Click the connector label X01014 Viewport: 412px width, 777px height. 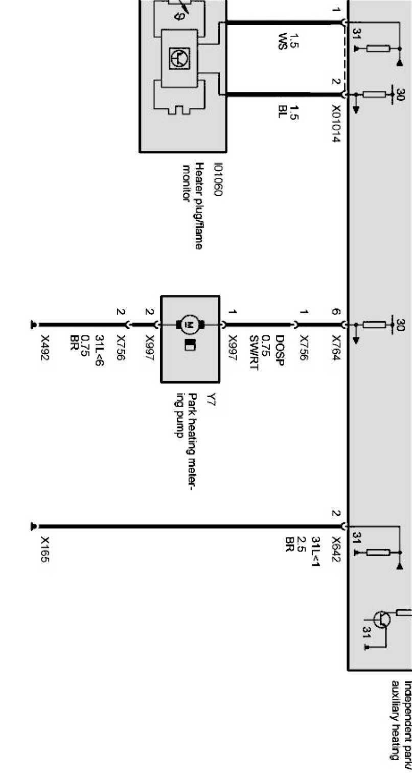pyautogui.click(x=336, y=124)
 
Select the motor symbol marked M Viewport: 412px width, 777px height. pyautogui.click(x=190, y=324)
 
